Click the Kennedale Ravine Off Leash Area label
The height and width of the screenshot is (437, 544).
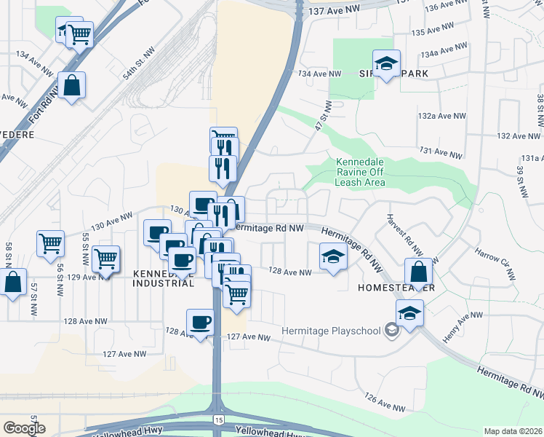point(359,172)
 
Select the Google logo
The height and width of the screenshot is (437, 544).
point(24,428)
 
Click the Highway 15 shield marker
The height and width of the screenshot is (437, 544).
point(219,420)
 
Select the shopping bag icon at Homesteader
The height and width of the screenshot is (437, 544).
point(420,273)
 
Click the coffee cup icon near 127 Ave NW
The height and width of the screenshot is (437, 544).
point(200,322)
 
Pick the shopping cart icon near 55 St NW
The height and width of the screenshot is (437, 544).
point(106,259)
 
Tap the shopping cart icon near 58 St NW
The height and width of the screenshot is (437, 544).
point(50,243)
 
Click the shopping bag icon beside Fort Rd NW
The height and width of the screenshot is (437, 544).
point(73,86)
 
